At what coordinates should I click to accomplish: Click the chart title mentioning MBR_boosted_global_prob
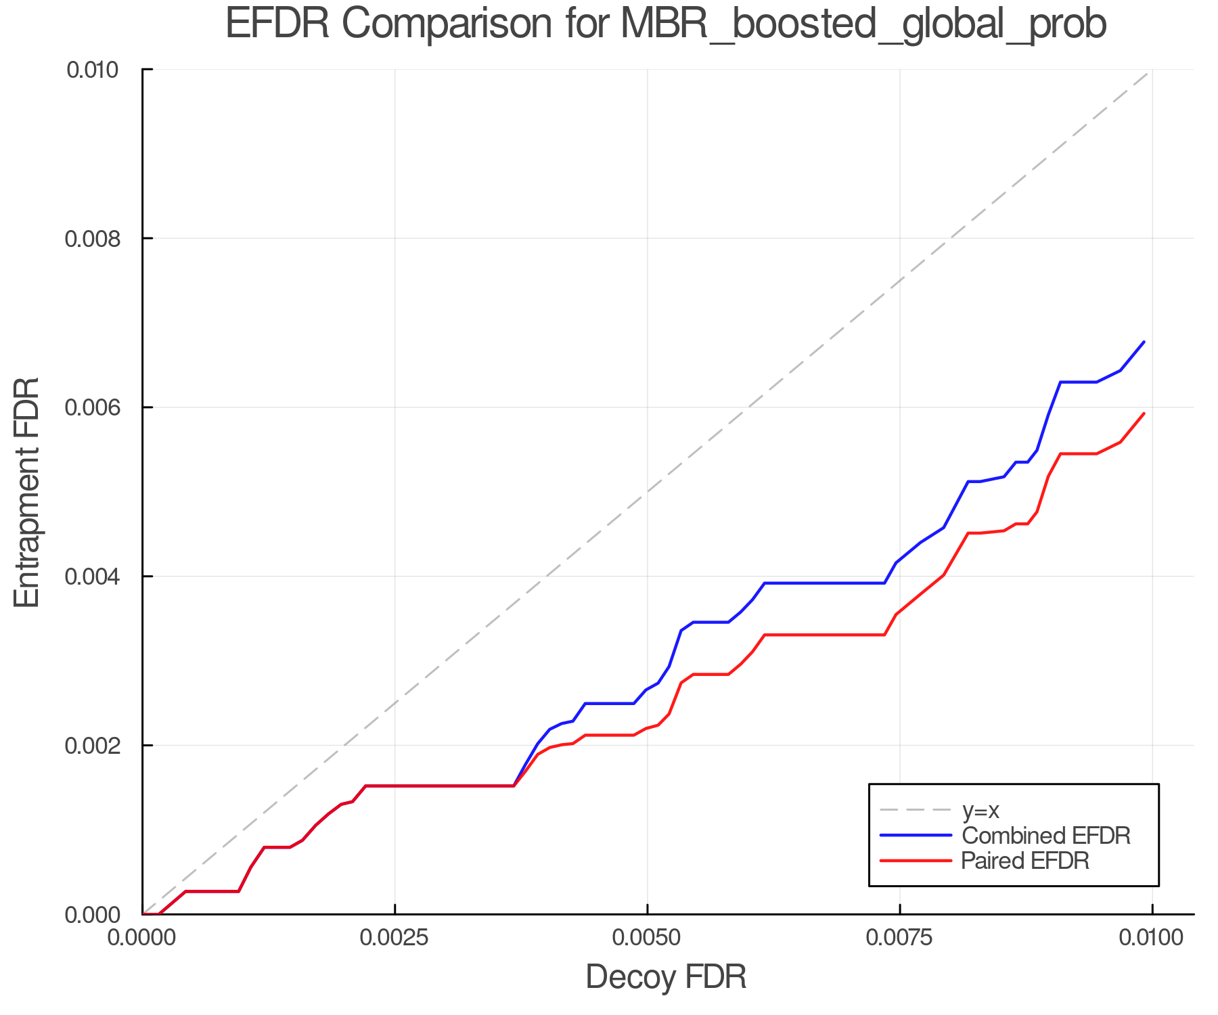(x=666, y=24)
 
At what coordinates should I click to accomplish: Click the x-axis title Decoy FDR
(x=666, y=977)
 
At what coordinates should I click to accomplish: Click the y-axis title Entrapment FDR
(x=27, y=492)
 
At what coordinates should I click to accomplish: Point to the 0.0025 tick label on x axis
(x=394, y=937)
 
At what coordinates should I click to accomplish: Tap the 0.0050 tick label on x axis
(x=647, y=937)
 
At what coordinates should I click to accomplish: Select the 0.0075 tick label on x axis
(x=899, y=937)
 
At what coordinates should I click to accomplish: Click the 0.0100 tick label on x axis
(x=1152, y=937)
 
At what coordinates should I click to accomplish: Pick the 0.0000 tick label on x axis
(x=142, y=937)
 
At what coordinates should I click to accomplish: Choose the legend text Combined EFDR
(x=1046, y=836)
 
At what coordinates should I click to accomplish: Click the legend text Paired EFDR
(x=1026, y=861)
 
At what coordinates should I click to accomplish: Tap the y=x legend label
(x=980, y=810)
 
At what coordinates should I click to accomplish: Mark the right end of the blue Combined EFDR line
(x=1144, y=342)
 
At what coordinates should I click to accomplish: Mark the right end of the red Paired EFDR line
(x=1144, y=413)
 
